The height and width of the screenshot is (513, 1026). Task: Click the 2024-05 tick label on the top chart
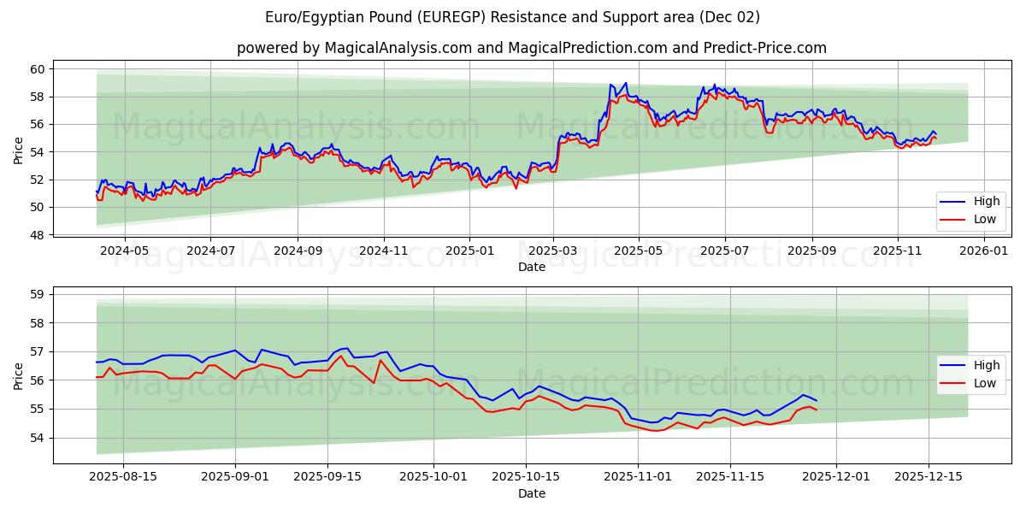tap(125, 251)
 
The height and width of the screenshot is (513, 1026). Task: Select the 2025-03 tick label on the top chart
tap(552, 251)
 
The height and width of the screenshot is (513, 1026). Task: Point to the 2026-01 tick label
tap(985, 251)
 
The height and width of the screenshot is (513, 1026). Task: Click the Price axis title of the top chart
tap(18, 151)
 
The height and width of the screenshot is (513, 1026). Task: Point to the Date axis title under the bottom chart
tap(531, 493)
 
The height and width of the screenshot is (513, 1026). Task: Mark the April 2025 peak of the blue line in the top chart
tap(625, 83)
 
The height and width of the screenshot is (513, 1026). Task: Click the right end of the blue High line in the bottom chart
tap(817, 401)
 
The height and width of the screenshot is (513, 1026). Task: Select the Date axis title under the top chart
tap(531, 267)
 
